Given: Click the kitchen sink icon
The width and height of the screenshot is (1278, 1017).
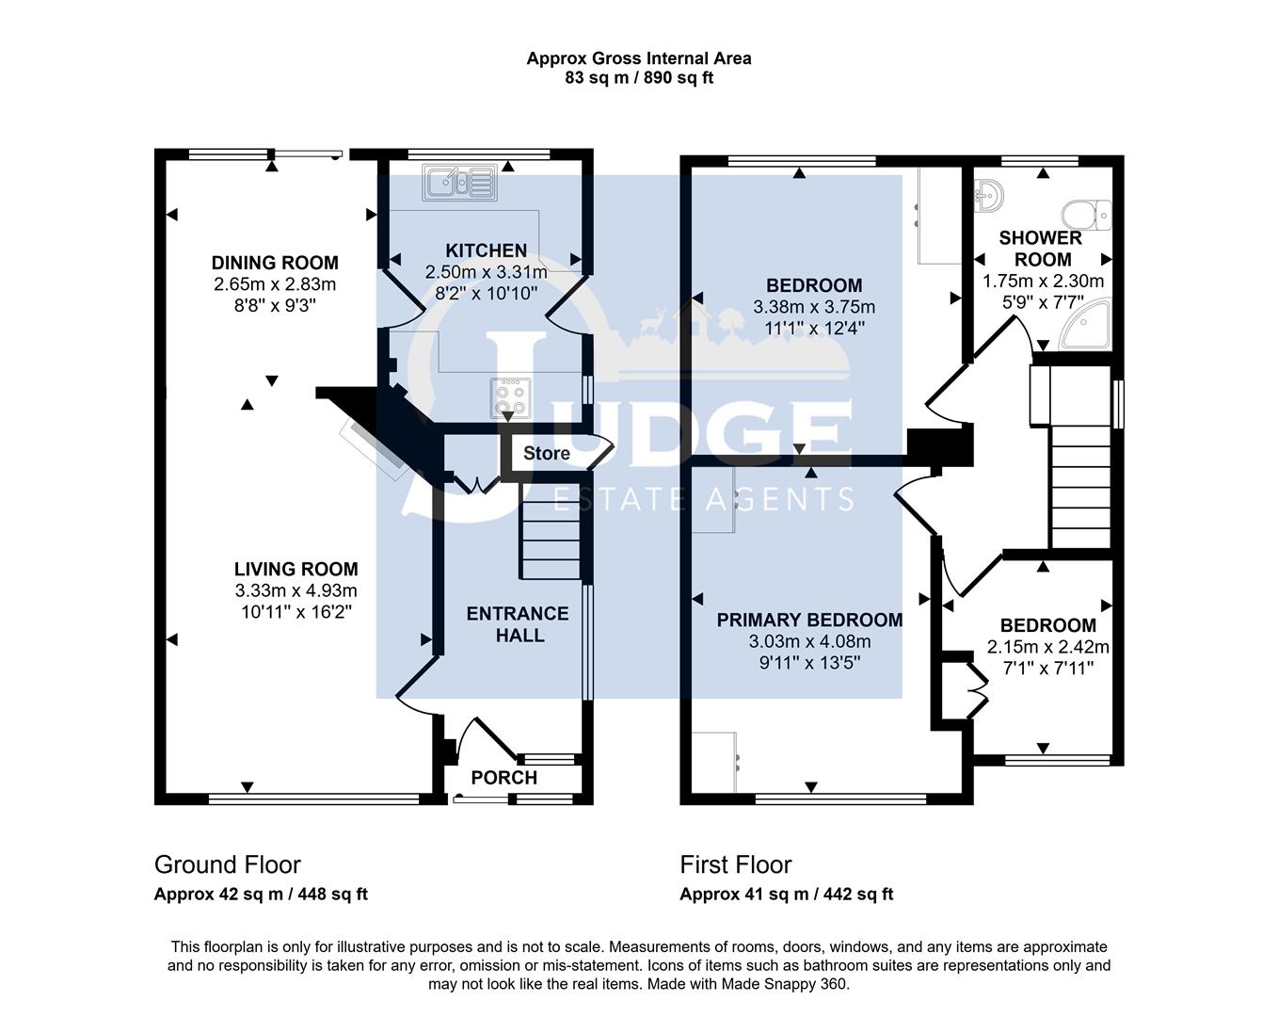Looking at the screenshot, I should coord(460,182).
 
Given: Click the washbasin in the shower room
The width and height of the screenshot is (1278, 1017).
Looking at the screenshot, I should coord(990,195).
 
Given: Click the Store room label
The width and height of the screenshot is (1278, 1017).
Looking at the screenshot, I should coord(546,453).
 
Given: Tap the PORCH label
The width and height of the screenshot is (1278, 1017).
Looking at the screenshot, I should coord(504,778).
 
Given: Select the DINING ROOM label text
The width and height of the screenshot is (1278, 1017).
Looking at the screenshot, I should coord(275,263).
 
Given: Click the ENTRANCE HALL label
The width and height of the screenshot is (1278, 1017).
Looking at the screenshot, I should coord(519,624).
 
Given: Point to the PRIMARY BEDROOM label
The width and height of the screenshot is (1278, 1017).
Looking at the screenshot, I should coord(809,620).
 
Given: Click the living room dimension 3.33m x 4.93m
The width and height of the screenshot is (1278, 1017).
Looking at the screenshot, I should coord(296,590).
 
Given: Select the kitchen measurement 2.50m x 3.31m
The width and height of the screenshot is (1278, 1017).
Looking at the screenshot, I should coord(486,272).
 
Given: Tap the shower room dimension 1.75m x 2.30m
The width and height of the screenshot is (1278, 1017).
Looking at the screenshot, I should coord(1043,281).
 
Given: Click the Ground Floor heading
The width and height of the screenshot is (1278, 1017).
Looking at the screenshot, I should coord(228,864).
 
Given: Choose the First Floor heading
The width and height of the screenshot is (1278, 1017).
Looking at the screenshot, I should coord(736,864).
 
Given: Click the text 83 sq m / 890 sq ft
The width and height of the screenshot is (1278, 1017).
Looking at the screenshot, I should coord(638,78).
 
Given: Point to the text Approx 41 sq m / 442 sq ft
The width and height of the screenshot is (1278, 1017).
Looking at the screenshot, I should coord(786,894).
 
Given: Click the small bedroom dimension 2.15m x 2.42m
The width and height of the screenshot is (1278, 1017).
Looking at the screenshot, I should coord(1047,647).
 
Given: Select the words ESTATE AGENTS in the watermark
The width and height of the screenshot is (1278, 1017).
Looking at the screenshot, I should coord(704,498).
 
